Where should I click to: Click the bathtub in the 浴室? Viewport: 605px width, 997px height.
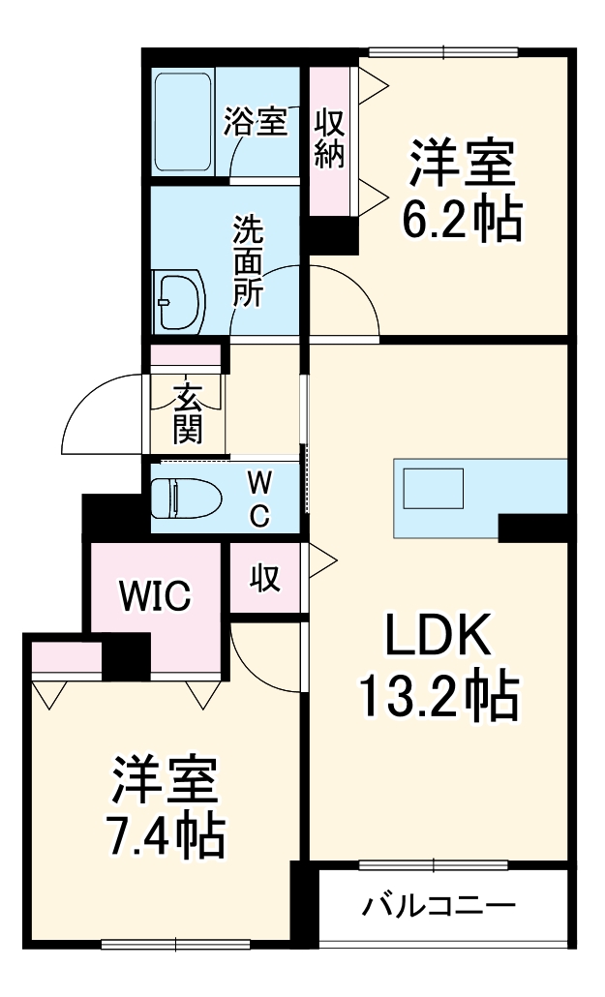[x=183, y=120]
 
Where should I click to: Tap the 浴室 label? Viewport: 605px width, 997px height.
[x=256, y=123]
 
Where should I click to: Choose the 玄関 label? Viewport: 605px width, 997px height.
[x=188, y=413]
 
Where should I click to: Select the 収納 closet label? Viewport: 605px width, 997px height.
[x=330, y=140]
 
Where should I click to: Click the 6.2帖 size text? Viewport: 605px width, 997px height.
[x=462, y=221]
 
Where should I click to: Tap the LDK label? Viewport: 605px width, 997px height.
[x=439, y=640]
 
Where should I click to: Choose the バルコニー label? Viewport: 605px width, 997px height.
[x=439, y=907]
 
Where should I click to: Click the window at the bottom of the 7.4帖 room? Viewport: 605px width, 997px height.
[x=176, y=944]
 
